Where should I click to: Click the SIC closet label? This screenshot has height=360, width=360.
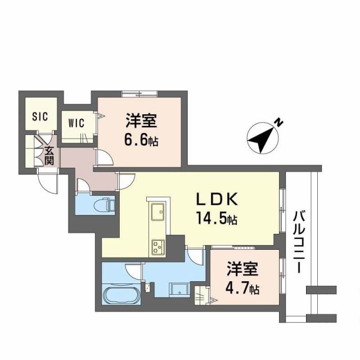point(40,116)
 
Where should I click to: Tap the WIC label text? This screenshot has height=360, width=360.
point(77,122)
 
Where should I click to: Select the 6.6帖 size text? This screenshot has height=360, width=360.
point(141,139)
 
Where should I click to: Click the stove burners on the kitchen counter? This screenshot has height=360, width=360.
point(157,245)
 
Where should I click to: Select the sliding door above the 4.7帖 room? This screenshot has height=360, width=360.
point(242,247)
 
